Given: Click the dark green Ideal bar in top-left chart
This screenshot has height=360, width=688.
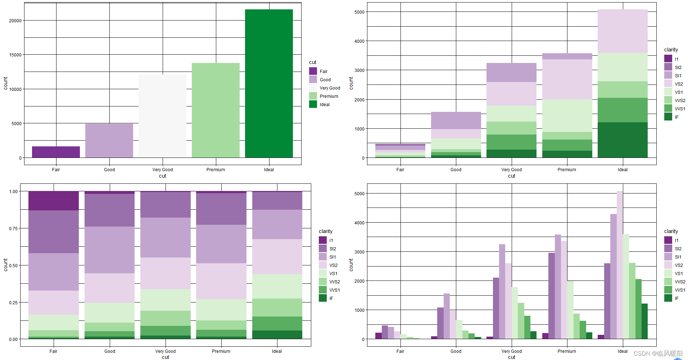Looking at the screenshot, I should point(269,83).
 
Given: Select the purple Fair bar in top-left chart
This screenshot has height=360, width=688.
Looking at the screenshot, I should point(56,152).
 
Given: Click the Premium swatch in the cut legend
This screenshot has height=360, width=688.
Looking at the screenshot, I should point(313,96).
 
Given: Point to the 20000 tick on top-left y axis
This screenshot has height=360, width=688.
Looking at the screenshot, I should point(15,20).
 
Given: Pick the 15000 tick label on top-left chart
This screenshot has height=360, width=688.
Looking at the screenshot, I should point(15,55).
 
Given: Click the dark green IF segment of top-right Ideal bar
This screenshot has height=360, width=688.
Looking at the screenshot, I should point(623,140).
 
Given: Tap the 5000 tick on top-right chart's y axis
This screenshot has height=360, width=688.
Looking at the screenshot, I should point(359,12).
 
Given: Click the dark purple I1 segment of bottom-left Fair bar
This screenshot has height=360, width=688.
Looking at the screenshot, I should point(54,201).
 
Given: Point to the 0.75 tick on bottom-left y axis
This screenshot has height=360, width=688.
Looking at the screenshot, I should point(13,228).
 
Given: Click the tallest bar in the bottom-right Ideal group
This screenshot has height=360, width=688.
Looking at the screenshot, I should point(620,265).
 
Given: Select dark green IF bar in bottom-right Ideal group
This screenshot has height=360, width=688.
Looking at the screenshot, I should point(644,321).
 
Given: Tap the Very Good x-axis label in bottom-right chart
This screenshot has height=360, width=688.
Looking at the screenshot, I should point(511,351).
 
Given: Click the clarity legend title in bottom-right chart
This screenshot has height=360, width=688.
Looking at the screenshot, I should point(671,231).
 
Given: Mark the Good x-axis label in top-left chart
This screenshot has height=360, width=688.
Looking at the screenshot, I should point(109,170).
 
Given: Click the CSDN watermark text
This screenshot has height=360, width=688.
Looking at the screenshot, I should point(658,354).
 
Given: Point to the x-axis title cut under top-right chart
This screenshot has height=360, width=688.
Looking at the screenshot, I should point(511,176).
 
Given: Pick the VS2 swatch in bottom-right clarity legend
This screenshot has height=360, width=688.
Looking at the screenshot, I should point(668,265).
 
